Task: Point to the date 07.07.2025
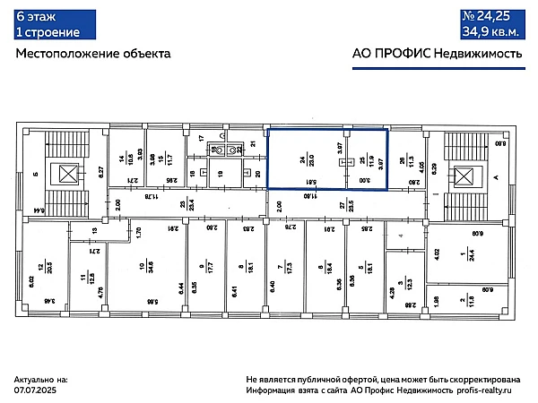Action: (x=37, y=390)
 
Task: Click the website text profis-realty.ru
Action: (x=486, y=390)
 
